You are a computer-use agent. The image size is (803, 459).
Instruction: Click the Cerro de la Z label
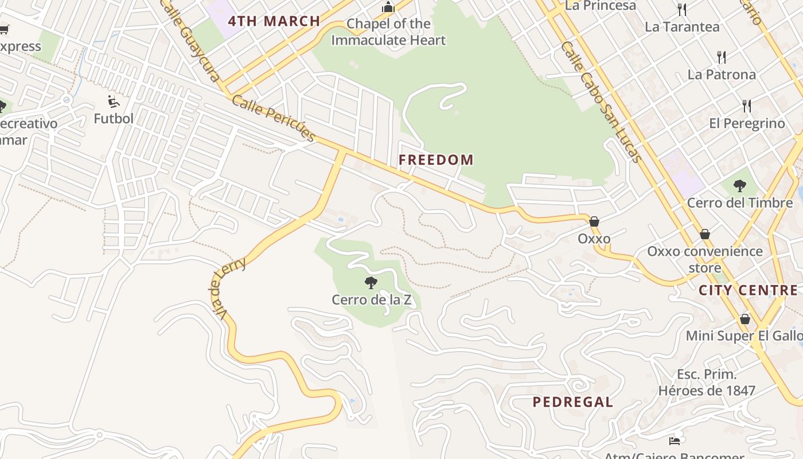(371, 299)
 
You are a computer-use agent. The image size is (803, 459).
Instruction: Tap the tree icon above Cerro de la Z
(371, 282)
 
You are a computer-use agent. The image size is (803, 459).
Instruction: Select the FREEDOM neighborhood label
(436, 160)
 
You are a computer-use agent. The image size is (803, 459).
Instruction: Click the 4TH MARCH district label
(274, 21)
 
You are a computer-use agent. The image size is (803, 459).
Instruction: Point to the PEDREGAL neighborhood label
(572, 402)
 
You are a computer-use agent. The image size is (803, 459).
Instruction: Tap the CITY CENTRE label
(747, 290)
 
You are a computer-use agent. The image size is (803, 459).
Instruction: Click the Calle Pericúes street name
(274, 118)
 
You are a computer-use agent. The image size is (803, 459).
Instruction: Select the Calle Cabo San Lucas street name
(601, 102)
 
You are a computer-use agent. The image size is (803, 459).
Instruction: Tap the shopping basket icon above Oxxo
(594, 221)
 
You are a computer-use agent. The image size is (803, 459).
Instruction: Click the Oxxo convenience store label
(705, 259)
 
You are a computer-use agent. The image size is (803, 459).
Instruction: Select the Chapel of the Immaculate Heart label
(388, 32)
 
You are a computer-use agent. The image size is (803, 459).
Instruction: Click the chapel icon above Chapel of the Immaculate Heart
(388, 7)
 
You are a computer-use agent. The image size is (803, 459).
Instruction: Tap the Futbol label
(114, 119)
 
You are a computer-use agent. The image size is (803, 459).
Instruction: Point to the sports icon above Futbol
(114, 102)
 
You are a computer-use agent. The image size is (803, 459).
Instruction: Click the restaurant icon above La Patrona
(722, 57)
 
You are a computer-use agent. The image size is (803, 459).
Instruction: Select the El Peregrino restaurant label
(747, 123)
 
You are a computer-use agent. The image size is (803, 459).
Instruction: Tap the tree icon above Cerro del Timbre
(740, 186)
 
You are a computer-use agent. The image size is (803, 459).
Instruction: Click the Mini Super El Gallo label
(744, 336)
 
